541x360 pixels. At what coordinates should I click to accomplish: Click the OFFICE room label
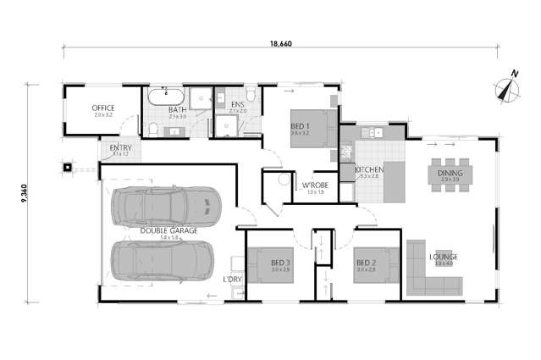(x=103, y=108)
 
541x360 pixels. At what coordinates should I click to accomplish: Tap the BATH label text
(x=177, y=110)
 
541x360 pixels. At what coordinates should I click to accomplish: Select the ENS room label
(x=237, y=105)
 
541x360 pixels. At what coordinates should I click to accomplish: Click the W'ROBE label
(x=314, y=186)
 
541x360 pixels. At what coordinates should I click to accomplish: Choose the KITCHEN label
(x=369, y=169)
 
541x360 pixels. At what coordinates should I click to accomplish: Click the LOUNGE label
(x=444, y=257)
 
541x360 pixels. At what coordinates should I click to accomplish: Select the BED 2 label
(x=366, y=263)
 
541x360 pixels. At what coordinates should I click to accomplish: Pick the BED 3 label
(x=280, y=263)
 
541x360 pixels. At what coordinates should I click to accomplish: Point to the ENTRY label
(x=121, y=148)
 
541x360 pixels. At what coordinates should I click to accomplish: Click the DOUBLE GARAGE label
(x=169, y=230)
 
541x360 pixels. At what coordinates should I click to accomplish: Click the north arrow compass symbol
(x=507, y=87)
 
